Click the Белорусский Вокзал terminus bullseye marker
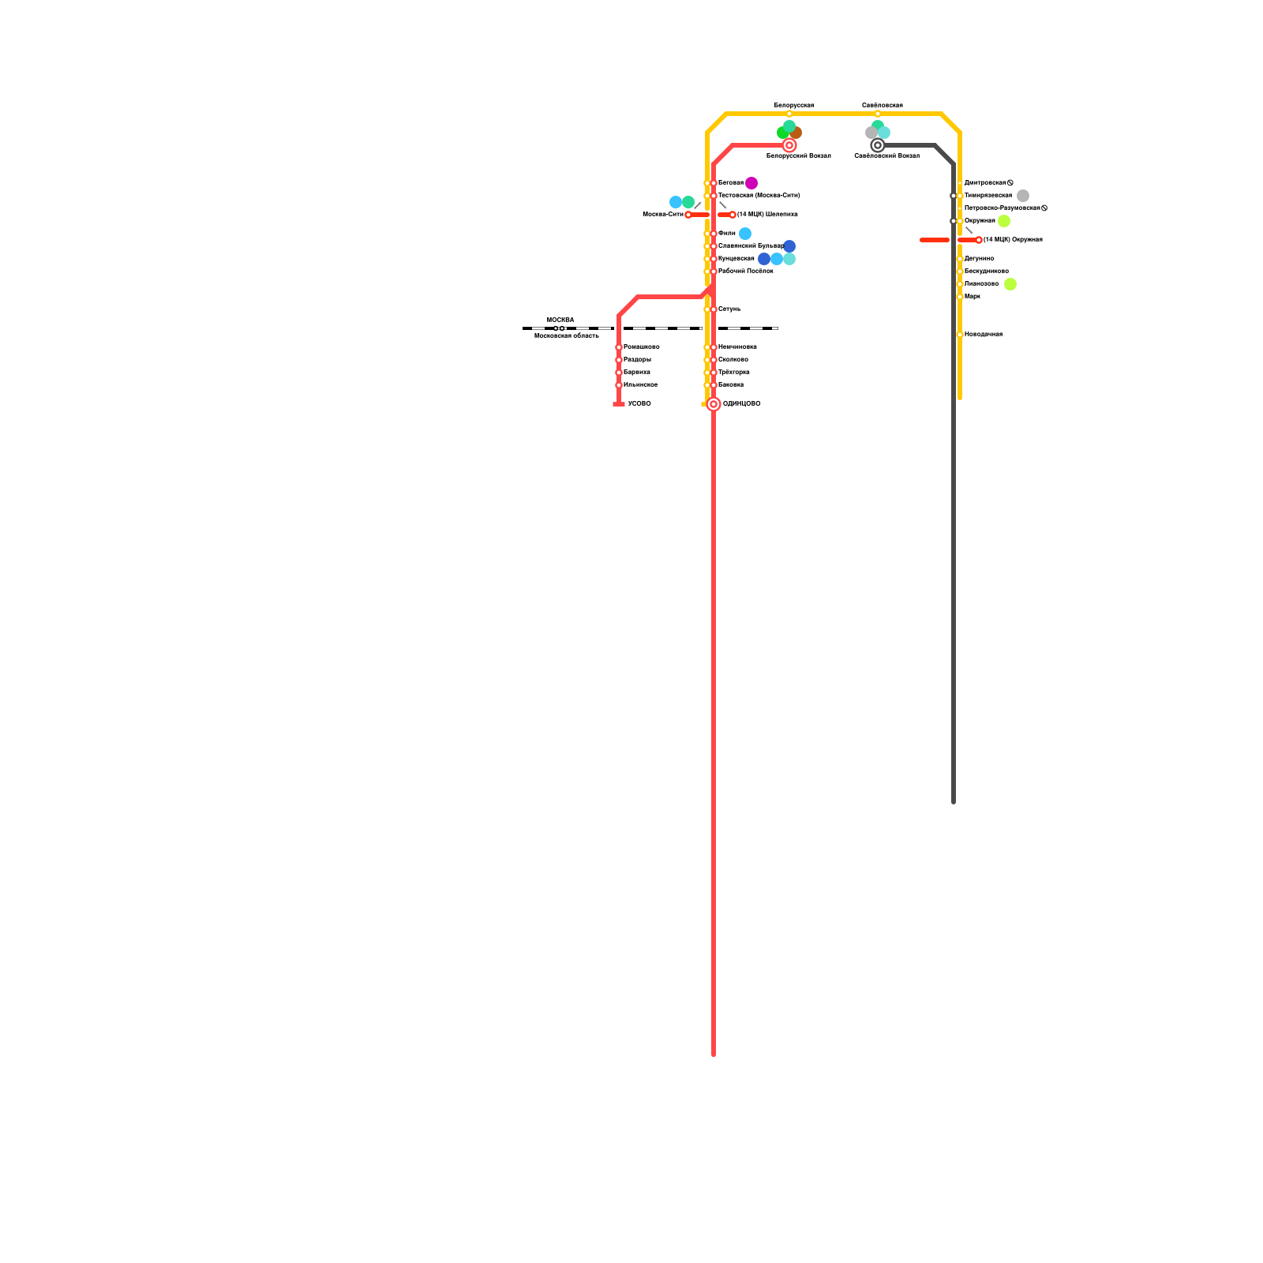pyautogui.click(x=789, y=145)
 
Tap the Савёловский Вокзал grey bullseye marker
pyautogui.click(x=877, y=145)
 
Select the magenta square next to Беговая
pyautogui.click(x=751, y=183)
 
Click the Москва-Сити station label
pyautogui.click(x=662, y=215)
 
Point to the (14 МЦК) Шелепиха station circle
pyautogui.click(x=733, y=215)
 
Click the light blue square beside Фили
pyautogui.click(x=745, y=234)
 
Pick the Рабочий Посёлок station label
pyautogui.click(x=745, y=272)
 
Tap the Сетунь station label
pyautogui.click(x=729, y=309)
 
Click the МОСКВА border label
pyautogui.click(x=560, y=320)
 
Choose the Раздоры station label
pyautogui.click(x=637, y=360)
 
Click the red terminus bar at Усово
pyautogui.click(x=619, y=404)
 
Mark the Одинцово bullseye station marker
pyautogui.click(x=714, y=404)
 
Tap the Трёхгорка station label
pyautogui.click(x=733, y=373)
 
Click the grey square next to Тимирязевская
pyautogui.click(x=1023, y=196)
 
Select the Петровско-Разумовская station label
pyautogui.click(x=1002, y=208)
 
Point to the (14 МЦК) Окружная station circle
pyautogui.click(x=979, y=240)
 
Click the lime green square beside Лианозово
pyautogui.click(x=1010, y=284)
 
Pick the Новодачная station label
pyautogui.click(x=983, y=335)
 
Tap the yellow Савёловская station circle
pyautogui.click(x=877, y=114)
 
